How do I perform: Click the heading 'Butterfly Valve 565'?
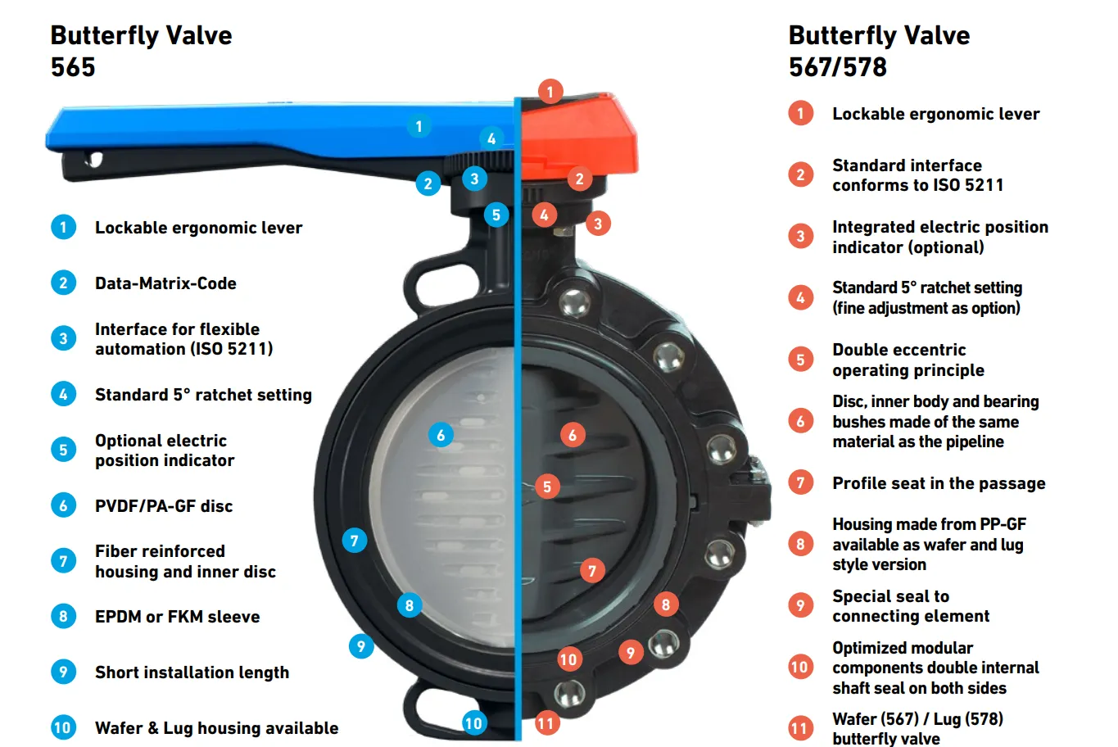pos(141,51)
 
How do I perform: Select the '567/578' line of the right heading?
pos(838,67)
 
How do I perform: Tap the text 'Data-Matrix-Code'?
pos(165,283)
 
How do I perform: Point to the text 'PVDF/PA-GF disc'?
pos(164,506)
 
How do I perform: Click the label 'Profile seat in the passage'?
pos(939,483)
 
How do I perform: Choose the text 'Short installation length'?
pos(192,672)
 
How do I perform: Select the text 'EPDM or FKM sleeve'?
pos(177,617)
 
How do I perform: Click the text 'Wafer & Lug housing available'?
pos(216,728)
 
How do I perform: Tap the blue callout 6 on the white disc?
pos(441,435)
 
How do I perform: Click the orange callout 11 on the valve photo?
pos(546,723)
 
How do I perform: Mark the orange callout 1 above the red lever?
pos(550,92)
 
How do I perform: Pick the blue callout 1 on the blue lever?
pos(419,126)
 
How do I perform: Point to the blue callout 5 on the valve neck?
pos(496,215)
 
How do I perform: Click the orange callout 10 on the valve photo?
pos(568,659)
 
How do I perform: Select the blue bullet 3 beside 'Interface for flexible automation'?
pos(63,338)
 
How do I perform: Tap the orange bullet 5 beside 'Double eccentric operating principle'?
pos(801,360)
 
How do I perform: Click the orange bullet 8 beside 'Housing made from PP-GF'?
pos(801,544)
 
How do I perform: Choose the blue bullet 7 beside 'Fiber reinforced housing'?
pos(63,561)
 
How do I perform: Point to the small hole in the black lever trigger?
pos(93,159)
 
